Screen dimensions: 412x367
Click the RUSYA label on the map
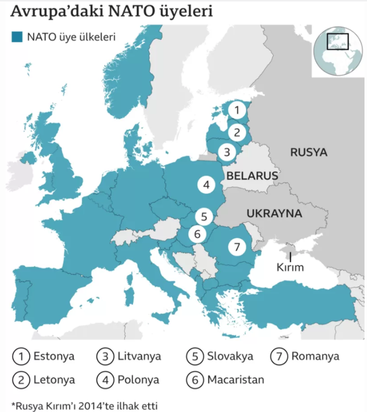[x=308, y=153]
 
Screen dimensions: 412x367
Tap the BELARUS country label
[x=252, y=176]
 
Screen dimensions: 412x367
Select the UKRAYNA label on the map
[x=274, y=213]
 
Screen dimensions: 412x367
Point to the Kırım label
[x=290, y=267]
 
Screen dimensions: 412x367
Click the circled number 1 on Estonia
[x=237, y=108]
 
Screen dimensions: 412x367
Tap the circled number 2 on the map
[x=236, y=133]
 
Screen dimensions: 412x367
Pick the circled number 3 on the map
[x=228, y=152]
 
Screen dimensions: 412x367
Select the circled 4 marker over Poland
[x=206, y=185]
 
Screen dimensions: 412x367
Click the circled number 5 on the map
[x=204, y=216]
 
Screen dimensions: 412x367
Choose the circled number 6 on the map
[x=197, y=234]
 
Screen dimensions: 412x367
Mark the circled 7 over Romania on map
[x=237, y=247]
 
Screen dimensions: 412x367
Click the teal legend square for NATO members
[x=17, y=37]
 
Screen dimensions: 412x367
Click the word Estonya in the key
[x=54, y=356]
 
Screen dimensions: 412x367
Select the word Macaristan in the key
[x=236, y=379]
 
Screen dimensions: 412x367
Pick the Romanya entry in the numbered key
[x=315, y=356]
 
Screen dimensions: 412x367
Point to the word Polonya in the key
[x=138, y=379]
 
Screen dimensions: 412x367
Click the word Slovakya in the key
[x=230, y=356]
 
